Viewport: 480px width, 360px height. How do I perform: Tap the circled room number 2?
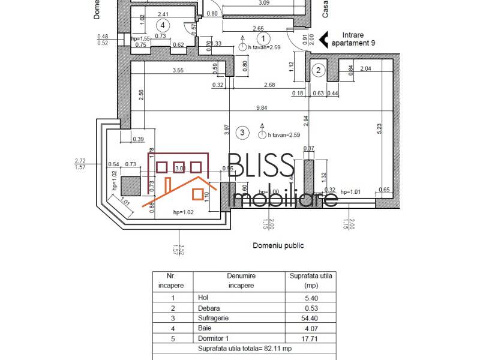318,70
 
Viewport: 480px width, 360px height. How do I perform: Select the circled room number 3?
242,132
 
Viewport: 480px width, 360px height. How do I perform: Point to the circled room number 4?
162,25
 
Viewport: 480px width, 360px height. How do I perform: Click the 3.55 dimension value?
178,71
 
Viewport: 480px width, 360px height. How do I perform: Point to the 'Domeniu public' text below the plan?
278,245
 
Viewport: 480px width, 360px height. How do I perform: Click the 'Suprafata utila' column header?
310,281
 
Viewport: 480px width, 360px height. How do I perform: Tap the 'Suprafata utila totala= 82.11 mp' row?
244,349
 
